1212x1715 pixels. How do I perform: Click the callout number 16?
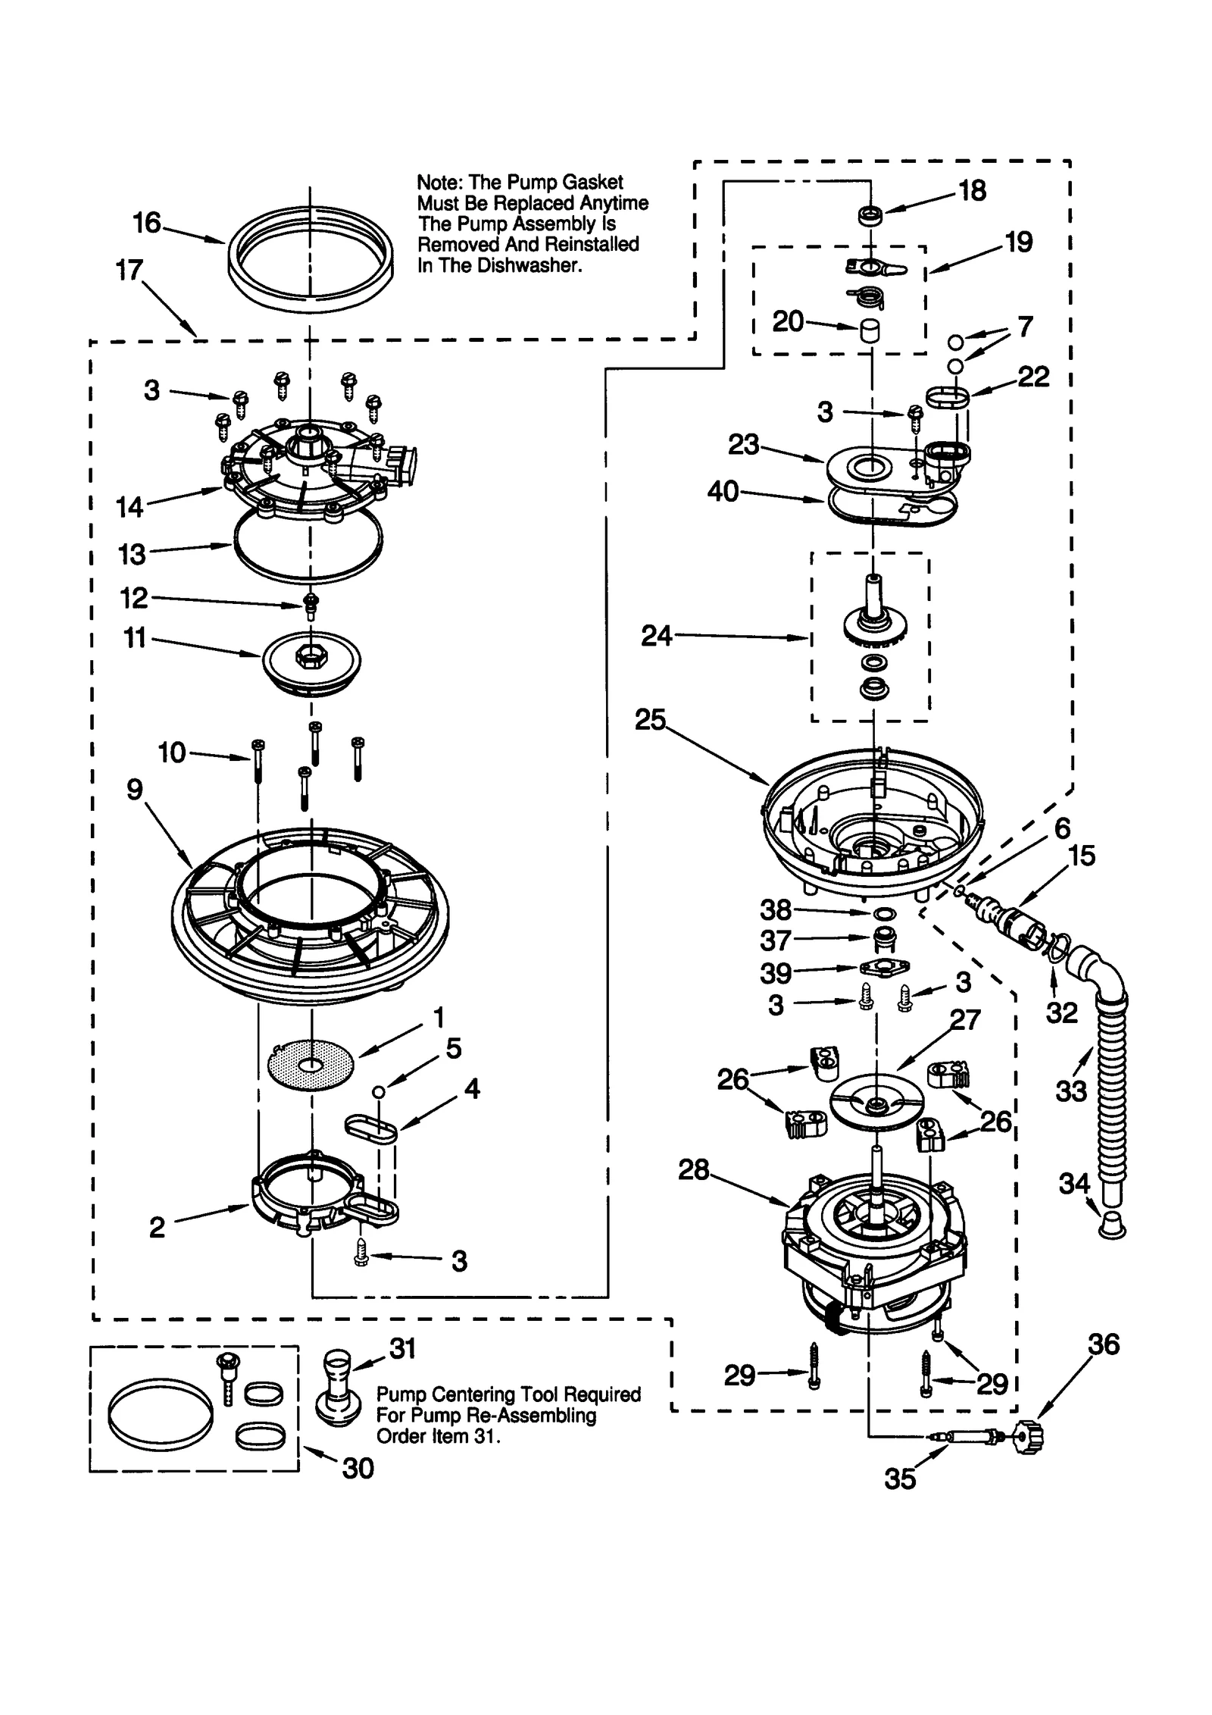click(x=147, y=223)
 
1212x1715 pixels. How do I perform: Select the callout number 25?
click(x=649, y=719)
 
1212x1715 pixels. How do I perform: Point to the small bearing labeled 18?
click(x=870, y=215)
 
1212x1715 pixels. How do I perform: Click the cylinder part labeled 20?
click(x=870, y=331)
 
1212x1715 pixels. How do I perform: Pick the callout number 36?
click(x=1103, y=1344)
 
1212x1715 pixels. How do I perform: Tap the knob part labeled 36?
click(x=1028, y=1437)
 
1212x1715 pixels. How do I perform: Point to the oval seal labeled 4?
click(x=371, y=1127)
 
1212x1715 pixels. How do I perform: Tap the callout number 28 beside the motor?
click(x=693, y=1170)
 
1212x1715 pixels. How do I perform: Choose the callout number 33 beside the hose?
click(x=1070, y=1091)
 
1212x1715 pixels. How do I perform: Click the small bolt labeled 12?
click(x=310, y=606)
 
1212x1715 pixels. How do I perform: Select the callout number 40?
click(x=723, y=492)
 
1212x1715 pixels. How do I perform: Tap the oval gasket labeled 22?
click(x=948, y=396)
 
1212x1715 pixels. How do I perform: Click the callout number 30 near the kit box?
click(x=358, y=1468)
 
